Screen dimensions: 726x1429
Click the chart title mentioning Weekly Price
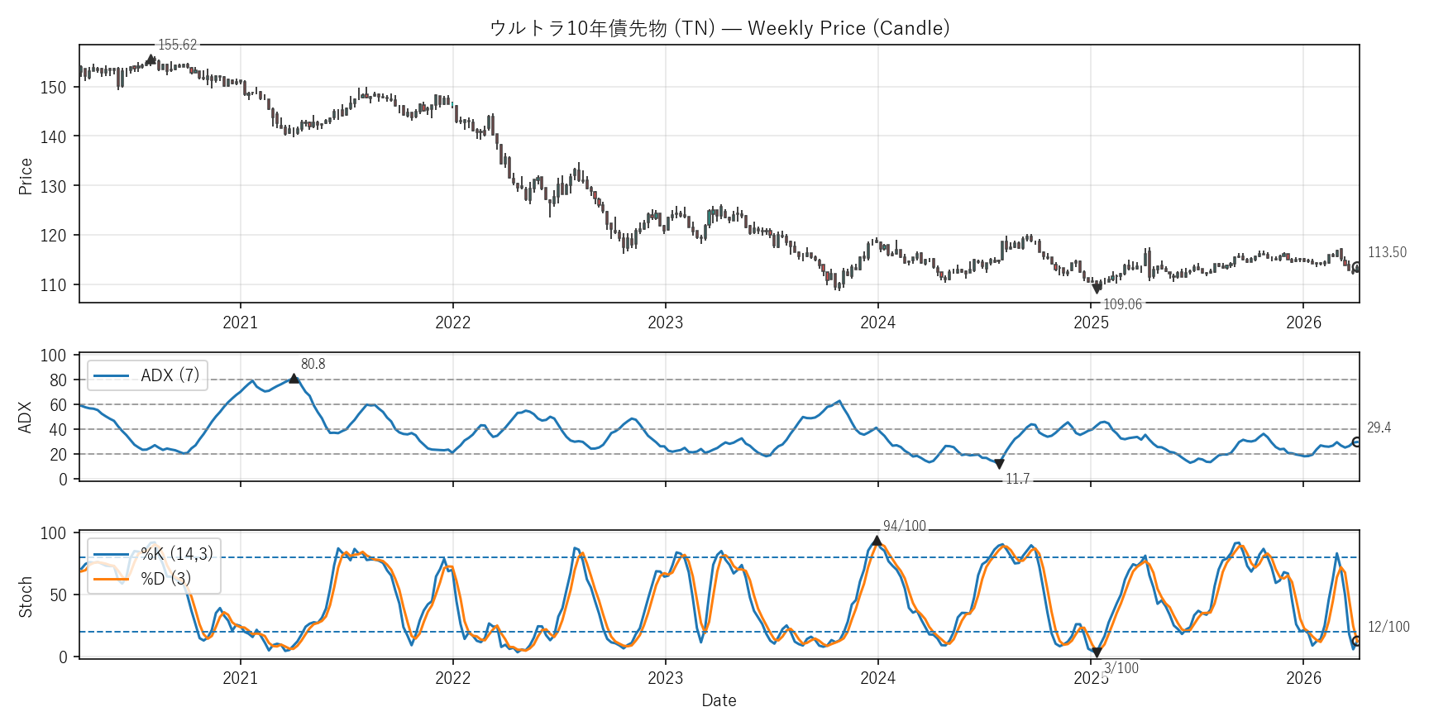719,28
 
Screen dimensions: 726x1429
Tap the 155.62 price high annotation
178,45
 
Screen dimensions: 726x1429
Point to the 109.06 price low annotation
1122,304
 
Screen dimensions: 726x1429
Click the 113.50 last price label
1387,252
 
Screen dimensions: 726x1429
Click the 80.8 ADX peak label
313,364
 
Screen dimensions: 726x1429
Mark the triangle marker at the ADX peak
294,379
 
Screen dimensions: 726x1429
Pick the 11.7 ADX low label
1017,479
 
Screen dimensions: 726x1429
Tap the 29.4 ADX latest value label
1379,427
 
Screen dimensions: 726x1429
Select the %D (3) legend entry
165,578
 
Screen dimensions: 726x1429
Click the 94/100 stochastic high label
904,526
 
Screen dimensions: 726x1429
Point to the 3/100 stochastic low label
1121,668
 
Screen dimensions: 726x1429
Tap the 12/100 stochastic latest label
1388,627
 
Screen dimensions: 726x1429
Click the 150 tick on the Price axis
53,88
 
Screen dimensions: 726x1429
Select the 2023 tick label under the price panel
665,322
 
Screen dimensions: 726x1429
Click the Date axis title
719,700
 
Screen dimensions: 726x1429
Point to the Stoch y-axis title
26,597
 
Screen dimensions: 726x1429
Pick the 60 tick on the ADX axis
58,405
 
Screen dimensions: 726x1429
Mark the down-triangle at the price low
1097,289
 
